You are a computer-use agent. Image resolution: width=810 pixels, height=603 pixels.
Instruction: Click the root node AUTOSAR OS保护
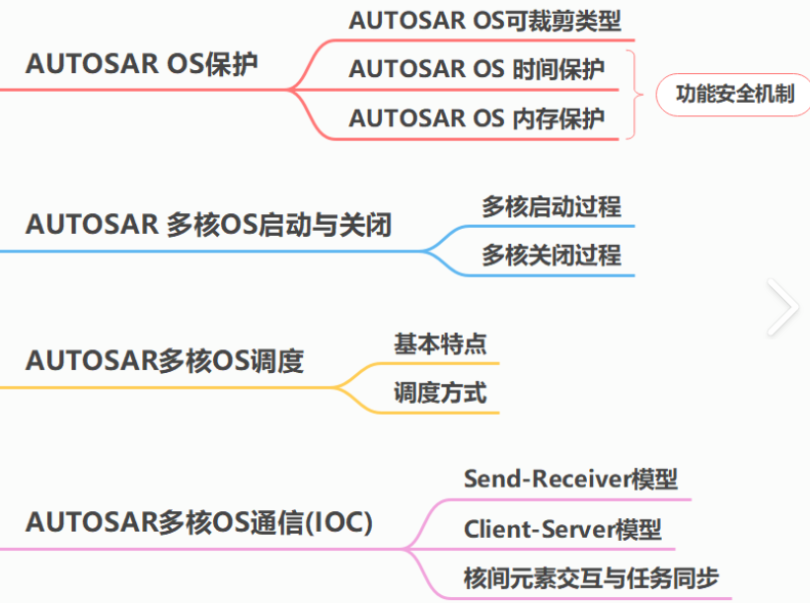(142, 65)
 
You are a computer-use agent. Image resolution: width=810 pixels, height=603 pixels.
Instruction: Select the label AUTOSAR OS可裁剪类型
(484, 20)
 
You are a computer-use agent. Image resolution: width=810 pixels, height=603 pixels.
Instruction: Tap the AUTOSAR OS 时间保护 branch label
(477, 69)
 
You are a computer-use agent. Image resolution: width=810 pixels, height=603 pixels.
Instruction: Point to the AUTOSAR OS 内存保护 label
(477, 119)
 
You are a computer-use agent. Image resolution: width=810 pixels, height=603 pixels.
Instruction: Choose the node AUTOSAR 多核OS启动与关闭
(208, 225)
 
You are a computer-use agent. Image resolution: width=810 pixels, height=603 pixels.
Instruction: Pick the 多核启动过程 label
(551, 207)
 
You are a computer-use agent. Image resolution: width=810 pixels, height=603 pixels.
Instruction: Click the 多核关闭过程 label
(551, 256)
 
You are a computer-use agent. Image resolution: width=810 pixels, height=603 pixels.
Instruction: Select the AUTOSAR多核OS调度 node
(165, 361)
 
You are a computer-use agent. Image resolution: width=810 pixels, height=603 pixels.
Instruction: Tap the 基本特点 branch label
(440, 343)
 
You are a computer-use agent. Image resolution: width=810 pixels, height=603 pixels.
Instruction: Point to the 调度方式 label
(440, 393)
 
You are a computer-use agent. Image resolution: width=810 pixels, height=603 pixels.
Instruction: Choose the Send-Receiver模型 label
(570, 480)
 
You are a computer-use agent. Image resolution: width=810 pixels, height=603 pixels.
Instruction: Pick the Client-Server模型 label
(562, 529)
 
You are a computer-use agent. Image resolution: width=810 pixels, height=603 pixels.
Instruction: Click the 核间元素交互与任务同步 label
(591, 577)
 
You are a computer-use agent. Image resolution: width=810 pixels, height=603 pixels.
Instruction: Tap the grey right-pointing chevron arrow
(783, 307)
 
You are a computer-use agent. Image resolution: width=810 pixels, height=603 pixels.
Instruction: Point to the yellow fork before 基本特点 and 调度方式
(340, 386)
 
